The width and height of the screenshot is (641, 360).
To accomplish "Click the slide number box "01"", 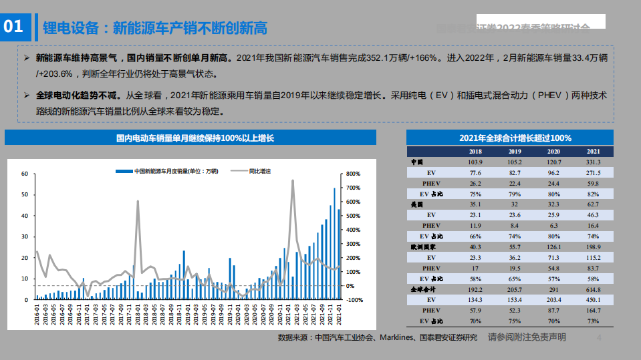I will [x=14, y=27].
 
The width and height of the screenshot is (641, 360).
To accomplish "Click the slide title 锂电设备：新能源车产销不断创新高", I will [x=154, y=27].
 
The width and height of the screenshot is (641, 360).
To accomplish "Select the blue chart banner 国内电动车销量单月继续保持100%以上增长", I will [x=190, y=138].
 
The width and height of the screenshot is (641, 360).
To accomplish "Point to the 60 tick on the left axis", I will [x=25, y=174].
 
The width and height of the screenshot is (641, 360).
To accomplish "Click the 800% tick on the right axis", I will [x=354, y=174].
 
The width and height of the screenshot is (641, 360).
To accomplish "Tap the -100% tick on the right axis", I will [x=354, y=300].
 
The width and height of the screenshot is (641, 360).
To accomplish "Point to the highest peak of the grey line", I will [x=293, y=180].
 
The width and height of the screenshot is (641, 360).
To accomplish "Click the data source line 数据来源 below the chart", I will [x=378, y=338].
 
